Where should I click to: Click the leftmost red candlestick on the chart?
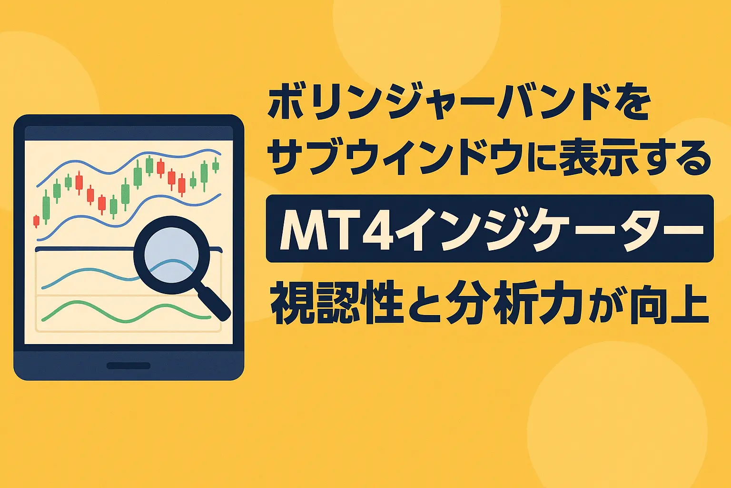point(36,221)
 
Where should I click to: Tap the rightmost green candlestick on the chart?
point(216,165)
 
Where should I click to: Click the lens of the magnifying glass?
point(171,255)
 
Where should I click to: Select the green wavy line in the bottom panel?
point(126,312)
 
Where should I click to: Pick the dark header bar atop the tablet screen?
point(128,133)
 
